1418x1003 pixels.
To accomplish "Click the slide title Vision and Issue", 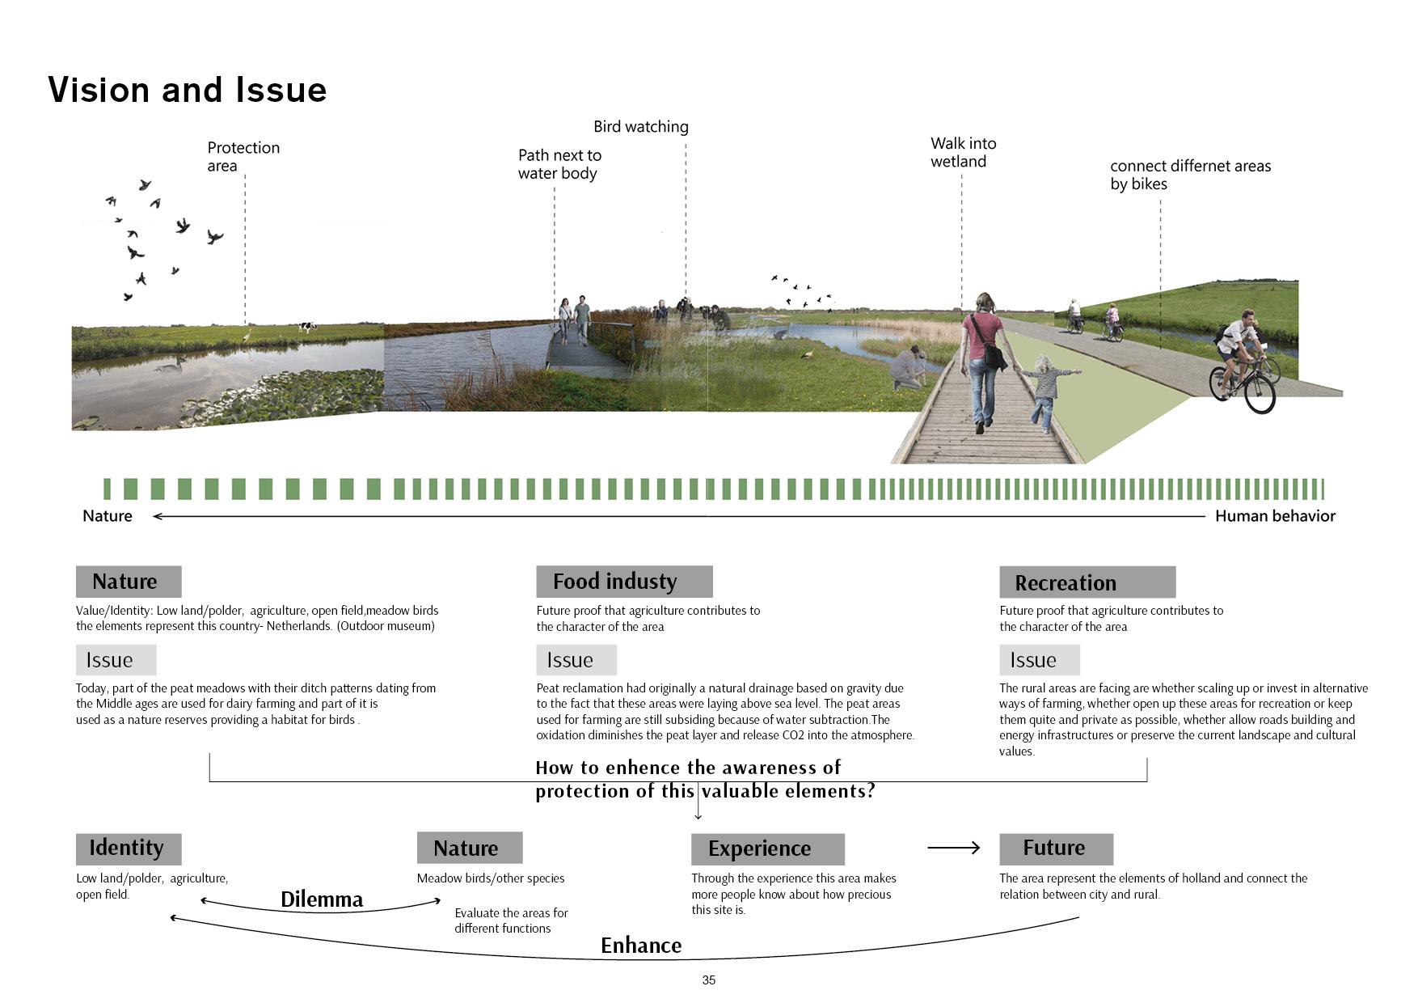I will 188,90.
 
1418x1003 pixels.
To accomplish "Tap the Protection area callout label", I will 243,156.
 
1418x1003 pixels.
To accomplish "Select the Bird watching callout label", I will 640,127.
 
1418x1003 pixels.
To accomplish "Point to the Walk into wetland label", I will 963,152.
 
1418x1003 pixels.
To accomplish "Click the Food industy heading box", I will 624,582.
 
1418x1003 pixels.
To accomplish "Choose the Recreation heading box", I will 1087,582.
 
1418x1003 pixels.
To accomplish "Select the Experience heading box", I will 767,849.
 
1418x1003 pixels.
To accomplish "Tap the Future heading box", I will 1056,849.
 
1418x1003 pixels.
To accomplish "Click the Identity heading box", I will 128,849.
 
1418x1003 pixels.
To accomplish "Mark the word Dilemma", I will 322,899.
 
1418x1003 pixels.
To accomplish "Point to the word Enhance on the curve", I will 641,946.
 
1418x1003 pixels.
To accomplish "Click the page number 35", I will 708,980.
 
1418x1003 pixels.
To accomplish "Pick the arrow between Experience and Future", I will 953,848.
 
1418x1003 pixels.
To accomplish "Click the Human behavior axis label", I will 1275,516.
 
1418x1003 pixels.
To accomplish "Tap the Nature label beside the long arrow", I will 108,516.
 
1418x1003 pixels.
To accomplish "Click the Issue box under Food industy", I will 576,660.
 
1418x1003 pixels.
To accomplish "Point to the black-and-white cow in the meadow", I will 307,327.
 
